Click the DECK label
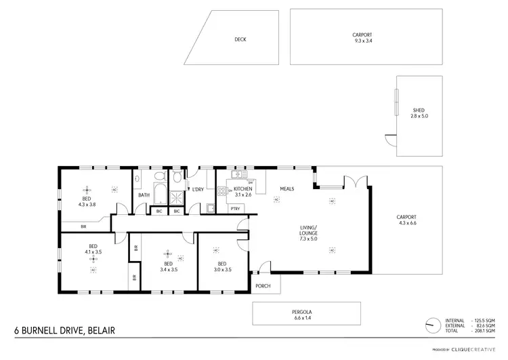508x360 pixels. [x=240, y=39]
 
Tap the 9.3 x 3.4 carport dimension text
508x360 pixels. [x=362, y=41]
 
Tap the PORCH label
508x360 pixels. [x=263, y=285]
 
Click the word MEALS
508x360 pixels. [x=287, y=188]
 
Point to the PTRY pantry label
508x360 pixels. [x=235, y=208]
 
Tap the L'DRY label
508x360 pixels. [x=198, y=189]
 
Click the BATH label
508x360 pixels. [x=144, y=195]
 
